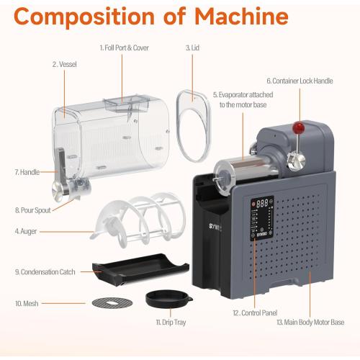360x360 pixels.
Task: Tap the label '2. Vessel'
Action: point(64,64)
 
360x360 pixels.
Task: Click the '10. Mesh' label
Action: point(28,302)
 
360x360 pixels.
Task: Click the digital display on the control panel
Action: point(262,204)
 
